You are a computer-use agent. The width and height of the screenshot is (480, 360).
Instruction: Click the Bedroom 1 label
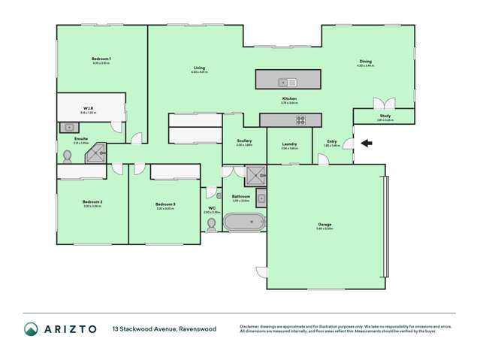(x=101, y=59)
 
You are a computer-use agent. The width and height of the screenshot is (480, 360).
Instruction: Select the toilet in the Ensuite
(x=68, y=156)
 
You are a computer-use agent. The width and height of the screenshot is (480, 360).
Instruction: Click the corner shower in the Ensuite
(x=95, y=154)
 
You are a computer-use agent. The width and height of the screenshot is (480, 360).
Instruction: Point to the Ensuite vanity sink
(x=67, y=127)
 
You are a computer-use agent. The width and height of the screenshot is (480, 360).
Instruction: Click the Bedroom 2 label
(x=92, y=202)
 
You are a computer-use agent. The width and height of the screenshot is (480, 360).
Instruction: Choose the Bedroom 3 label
(x=165, y=204)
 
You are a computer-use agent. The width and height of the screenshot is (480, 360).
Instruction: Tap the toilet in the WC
(x=210, y=223)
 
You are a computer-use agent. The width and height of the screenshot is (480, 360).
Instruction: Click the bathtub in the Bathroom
(x=245, y=222)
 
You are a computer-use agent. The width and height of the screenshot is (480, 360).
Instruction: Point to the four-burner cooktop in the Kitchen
(x=300, y=120)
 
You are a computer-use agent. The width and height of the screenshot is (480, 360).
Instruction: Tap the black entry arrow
(x=367, y=143)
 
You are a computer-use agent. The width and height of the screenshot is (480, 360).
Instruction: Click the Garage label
(x=325, y=225)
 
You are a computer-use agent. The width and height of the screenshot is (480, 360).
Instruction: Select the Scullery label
(x=243, y=141)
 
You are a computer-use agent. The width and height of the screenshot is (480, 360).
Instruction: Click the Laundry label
(x=289, y=144)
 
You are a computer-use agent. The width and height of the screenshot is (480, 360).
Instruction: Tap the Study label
(x=385, y=116)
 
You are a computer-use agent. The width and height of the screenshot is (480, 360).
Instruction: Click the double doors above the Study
(x=385, y=104)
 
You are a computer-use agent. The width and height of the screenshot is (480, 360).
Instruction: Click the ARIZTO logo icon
(x=31, y=329)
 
